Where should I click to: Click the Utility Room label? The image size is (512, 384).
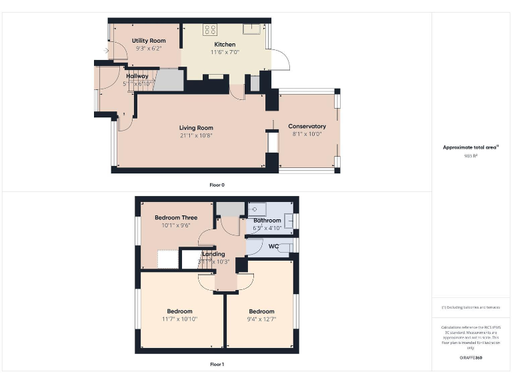[x=149, y=41]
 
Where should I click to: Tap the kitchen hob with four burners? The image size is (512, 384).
[x=210, y=29]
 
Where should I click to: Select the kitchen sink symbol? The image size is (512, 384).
[x=252, y=28]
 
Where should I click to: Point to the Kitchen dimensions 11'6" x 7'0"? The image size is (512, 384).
[x=225, y=52]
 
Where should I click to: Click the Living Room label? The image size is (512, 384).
[x=196, y=127]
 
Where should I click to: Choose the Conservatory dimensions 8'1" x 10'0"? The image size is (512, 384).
[x=307, y=134]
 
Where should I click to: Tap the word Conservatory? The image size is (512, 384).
[x=307, y=126]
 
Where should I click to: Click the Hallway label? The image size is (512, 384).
[x=137, y=76]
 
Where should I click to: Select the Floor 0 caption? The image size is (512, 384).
[x=217, y=184]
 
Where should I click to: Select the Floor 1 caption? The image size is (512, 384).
[x=217, y=365]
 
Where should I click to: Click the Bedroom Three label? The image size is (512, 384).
[x=176, y=217]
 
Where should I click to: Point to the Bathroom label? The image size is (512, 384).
[x=267, y=221]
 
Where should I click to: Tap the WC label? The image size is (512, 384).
[x=273, y=247]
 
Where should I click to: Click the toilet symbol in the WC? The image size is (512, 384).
[x=285, y=247]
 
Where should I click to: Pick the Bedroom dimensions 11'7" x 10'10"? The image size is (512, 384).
[x=179, y=319]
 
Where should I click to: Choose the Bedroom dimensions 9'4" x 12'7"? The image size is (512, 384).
[x=261, y=319]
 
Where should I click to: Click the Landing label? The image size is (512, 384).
[x=213, y=254]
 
